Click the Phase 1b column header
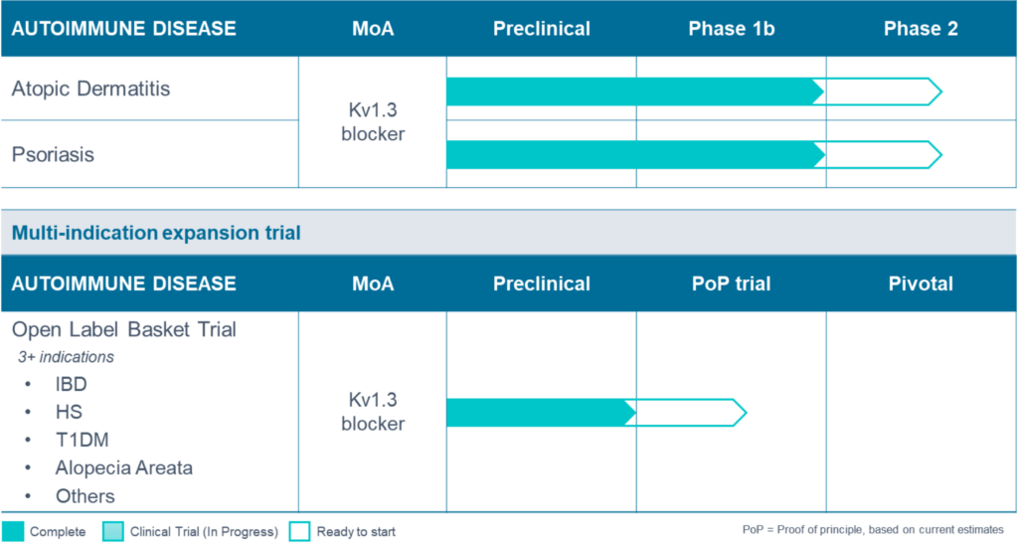click(x=731, y=29)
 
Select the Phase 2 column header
click(x=921, y=29)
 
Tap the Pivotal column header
click(x=921, y=283)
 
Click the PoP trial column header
click(x=731, y=283)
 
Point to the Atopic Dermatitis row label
click(x=90, y=89)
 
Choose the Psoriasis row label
click(x=53, y=154)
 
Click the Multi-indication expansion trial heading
click(x=156, y=233)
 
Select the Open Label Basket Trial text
click(x=124, y=329)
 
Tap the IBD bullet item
click(x=71, y=384)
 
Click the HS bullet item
click(x=69, y=412)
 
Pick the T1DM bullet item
click(x=82, y=440)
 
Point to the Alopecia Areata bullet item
click(x=124, y=467)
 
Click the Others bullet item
click(x=85, y=496)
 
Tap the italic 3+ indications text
click(x=66, y=357)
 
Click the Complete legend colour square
click(x=13, y=531)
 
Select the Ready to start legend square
click(x=299, y=531)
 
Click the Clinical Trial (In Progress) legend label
click(x=204, y=531)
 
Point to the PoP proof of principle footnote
click(x=873, y=529)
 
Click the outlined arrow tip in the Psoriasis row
click(x=941, y=154)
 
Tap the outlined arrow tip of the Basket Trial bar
click(x=747, y=413)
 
